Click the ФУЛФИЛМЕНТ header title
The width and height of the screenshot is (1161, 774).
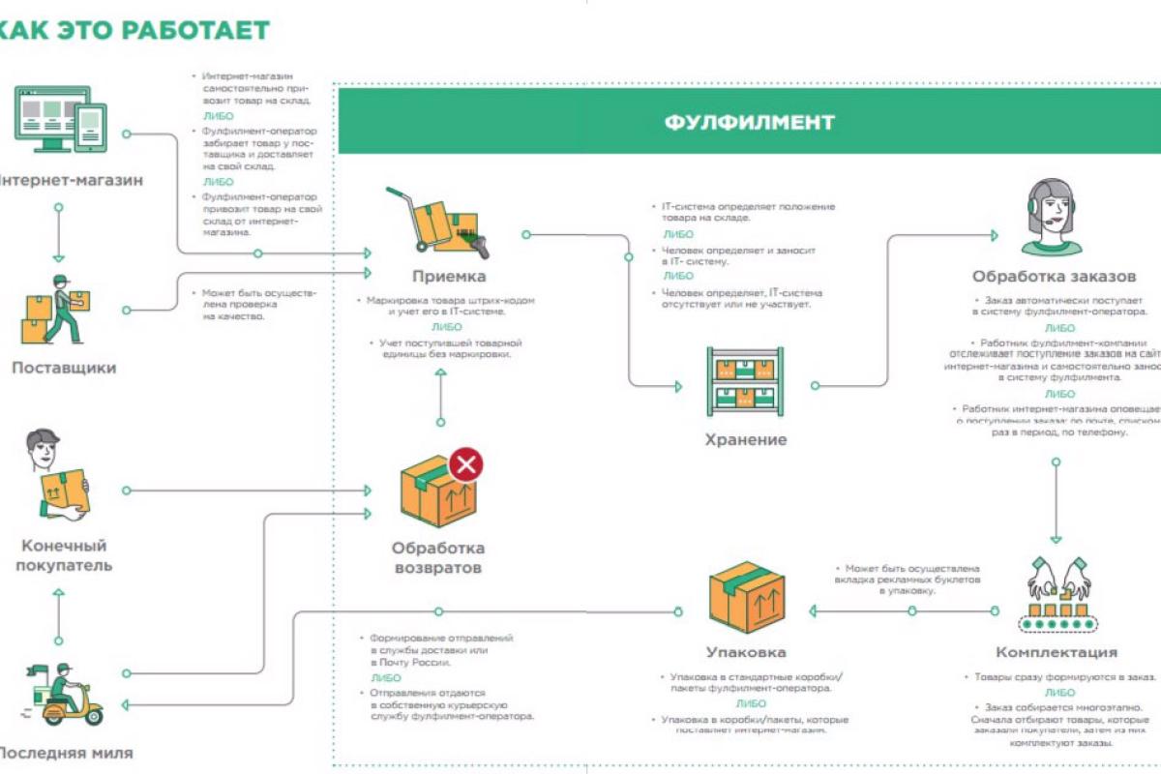tap(750, 123)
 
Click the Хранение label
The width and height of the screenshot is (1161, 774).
tap(745, 440)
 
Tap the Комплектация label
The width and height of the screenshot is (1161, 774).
tap(1057, 652)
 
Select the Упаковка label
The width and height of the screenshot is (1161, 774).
tap(745, 652)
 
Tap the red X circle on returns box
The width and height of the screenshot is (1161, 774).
tap(466, 465)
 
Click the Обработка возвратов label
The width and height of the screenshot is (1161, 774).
tap(437, 558)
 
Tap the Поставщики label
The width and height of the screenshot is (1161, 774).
tap(64, 368)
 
